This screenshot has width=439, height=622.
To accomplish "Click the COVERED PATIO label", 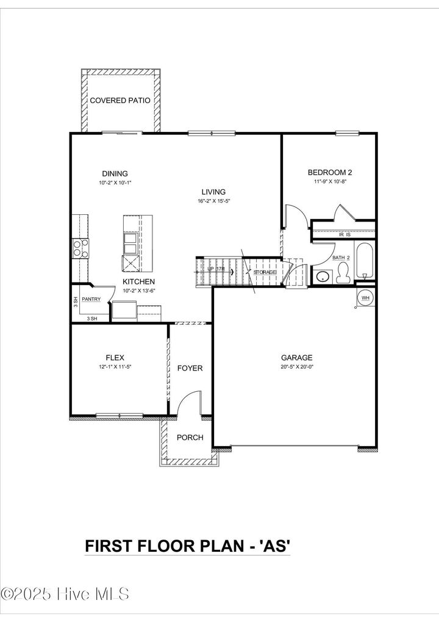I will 120,100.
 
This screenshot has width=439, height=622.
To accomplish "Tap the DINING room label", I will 115,173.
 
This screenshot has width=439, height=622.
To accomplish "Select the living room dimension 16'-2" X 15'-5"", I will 213,201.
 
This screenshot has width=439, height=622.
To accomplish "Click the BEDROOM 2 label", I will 330,173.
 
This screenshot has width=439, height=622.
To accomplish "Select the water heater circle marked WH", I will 366,298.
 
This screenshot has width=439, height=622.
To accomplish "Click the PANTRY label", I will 91,299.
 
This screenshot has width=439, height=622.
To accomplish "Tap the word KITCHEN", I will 139,281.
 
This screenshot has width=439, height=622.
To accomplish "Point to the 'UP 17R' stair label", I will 216,269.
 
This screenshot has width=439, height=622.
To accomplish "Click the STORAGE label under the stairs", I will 265,272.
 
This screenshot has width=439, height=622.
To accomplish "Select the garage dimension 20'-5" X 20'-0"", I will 296,367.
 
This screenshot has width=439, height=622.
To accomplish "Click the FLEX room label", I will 115,358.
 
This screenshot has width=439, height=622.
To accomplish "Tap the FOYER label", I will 190,368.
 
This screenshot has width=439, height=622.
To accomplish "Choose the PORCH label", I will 190,438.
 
